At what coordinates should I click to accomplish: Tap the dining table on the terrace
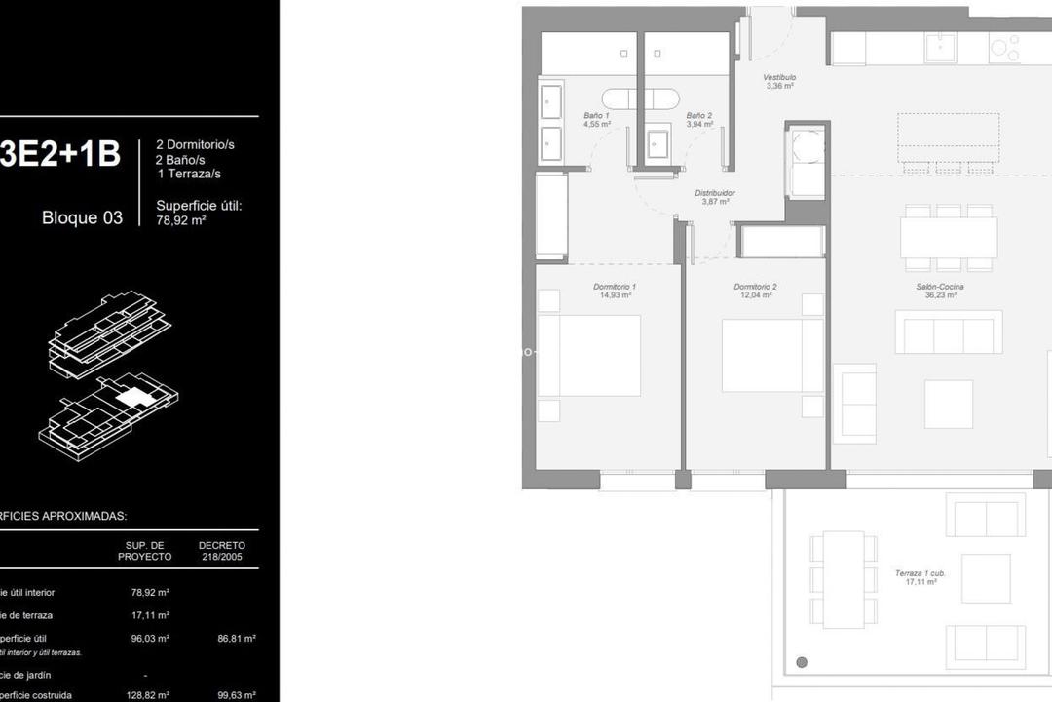click(x=844, y=579)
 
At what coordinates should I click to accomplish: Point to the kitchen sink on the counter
click(x=941, y=47)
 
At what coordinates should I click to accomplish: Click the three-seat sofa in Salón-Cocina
click(x=949, y=333)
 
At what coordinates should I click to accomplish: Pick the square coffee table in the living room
click(x=949, y=404)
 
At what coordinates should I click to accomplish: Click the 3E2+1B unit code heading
click(x=60, y=154)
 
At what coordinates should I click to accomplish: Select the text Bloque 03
click(x=83, y=217)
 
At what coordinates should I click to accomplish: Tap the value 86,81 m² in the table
click(x=236, y=639)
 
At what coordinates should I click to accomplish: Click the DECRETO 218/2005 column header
click(x=222, y=551)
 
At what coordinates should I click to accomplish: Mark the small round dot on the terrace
click(x=802, y=663)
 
